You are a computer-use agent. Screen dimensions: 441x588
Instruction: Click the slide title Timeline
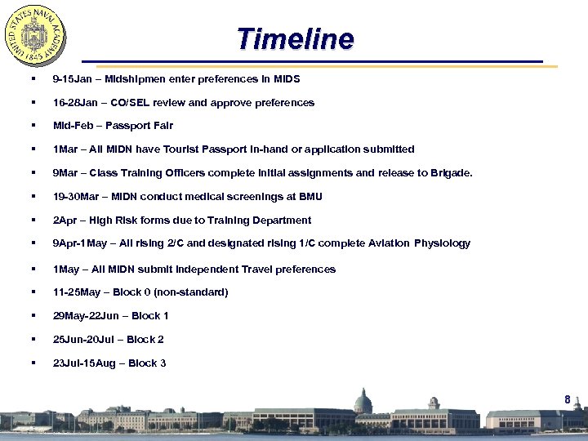295,38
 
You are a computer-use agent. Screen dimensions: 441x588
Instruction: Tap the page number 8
567,399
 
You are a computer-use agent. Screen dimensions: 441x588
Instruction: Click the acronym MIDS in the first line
287,79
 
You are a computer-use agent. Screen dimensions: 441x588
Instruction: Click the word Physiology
441,243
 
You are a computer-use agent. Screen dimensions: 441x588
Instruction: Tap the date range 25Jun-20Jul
85,340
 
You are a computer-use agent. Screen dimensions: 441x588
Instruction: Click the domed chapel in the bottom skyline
363,403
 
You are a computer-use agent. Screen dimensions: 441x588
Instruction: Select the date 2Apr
64,220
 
